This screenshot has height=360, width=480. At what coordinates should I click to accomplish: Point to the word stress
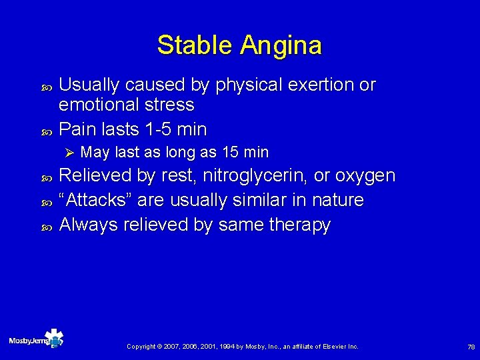coord(172,105)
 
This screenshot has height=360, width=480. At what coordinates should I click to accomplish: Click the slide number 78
coord(471,347)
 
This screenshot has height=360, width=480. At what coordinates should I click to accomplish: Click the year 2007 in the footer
coord(173,347)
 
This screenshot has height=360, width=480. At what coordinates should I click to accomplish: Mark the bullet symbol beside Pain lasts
coord(46,129)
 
